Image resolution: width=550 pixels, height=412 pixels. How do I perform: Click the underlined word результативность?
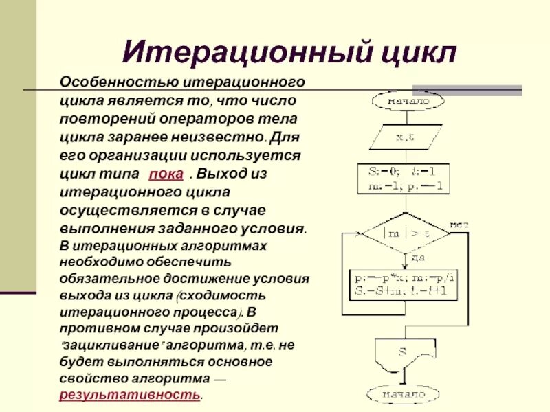(x=131, y=395)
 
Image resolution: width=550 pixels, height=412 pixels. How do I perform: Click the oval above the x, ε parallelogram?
(x=404, y=102)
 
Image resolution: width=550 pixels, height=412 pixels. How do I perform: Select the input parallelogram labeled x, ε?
(x=404, y=137)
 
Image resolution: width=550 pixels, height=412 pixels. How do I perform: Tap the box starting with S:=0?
(x=404, y=179)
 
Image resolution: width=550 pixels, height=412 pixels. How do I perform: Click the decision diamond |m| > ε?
(x=404, y=233)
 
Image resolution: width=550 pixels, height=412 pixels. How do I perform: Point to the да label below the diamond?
(x=417, y=258)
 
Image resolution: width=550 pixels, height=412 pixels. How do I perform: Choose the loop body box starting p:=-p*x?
(x=404, y=285)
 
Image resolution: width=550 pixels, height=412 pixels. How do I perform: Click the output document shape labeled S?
(x=404, y=355)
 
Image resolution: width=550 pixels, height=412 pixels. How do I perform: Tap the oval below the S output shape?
(x=404, y=395)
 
